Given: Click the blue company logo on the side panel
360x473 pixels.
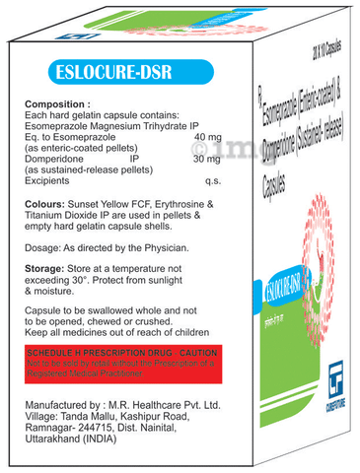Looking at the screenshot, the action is [x=319, y=396].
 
